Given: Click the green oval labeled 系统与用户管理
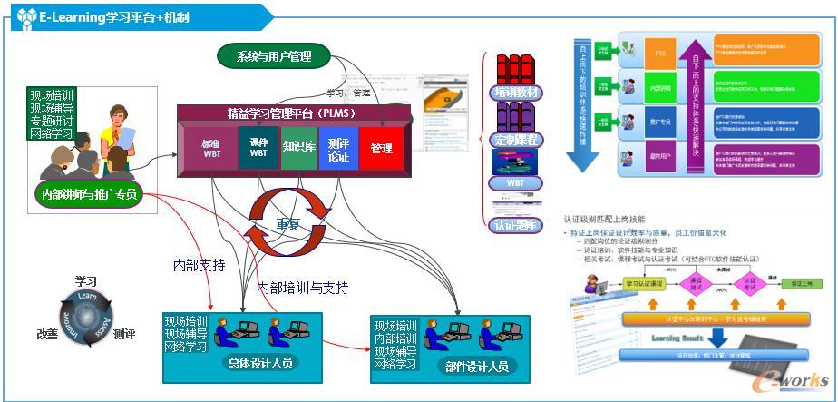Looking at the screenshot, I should tap(274, 56).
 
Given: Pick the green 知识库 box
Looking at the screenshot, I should tap(298, 146).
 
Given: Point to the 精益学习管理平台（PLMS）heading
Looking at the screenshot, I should tap(291, 113).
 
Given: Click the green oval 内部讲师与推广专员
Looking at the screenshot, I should tap(90, 192).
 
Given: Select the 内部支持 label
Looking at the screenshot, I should tap(199, 266).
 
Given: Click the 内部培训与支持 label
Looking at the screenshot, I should tap(302, 288).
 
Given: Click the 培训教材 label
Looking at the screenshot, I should tap(516, 93).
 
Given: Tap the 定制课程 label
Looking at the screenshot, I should tap(516, 141).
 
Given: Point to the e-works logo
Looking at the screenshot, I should tap(794, 378).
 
